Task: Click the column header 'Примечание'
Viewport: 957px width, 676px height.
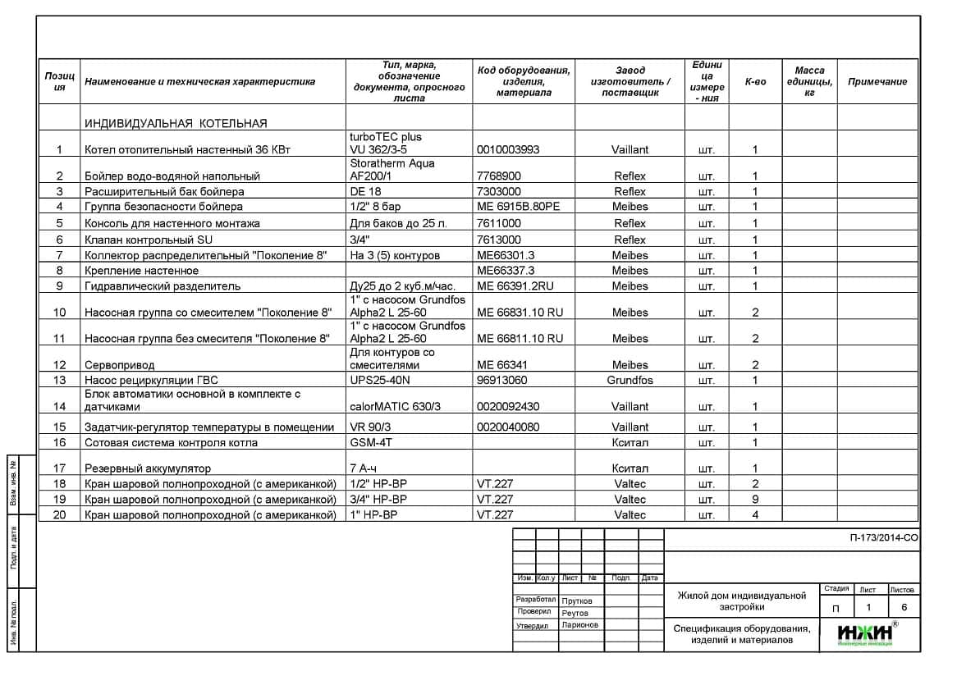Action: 877,82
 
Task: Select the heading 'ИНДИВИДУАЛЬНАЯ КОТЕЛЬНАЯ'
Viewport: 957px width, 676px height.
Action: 176,124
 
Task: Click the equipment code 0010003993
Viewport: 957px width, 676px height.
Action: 509,150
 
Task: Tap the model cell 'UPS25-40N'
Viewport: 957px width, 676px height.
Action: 380,381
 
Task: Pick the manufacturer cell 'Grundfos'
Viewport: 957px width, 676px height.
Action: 630,381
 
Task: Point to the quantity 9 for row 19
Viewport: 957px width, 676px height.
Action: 755,499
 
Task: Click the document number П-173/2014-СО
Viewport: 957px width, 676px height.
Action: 883,538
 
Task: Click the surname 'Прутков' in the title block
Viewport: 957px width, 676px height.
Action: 577,601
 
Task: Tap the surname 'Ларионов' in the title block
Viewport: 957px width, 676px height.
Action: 579,625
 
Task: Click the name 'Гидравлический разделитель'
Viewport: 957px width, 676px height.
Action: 163,286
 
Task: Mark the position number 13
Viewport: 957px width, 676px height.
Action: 59,381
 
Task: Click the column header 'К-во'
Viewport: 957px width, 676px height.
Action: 755,82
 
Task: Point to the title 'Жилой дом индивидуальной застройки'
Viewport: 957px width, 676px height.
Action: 741,601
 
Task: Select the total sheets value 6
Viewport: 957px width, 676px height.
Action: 904,608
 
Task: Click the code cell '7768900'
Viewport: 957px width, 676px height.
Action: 498,176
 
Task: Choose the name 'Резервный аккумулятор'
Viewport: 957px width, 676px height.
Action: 148,469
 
